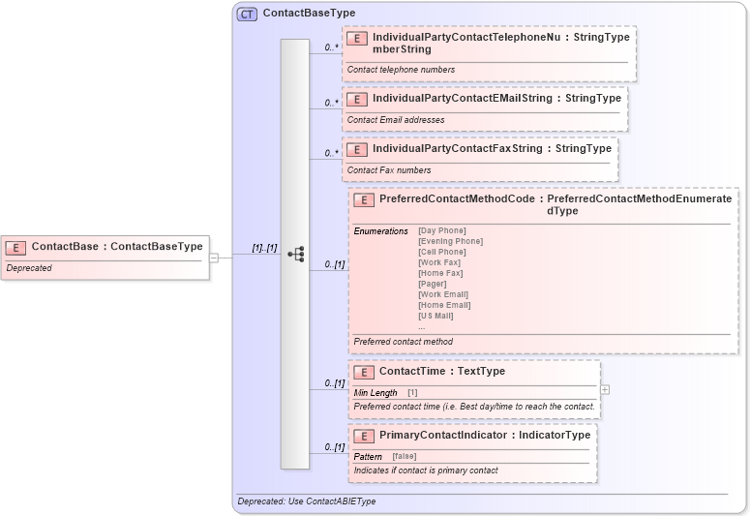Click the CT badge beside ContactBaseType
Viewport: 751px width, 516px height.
click(x=247, y=14)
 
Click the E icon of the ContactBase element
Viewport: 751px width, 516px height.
click(x=17, y=247)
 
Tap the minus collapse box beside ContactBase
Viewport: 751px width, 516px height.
click(x=214, y=258)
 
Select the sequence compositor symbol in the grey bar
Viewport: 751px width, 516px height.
click(x=296, y=255)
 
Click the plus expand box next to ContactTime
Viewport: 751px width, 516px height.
click(x=605, y=389)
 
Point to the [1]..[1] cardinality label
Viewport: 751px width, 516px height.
click(x=264, y=248)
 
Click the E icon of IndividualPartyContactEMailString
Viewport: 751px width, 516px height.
click(x=357, y=99)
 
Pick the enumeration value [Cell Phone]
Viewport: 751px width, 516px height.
click(x=441, y=252)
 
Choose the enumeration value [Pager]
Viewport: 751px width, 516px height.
click(x=432, y=284)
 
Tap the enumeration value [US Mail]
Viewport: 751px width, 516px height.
click(x=436, y=316)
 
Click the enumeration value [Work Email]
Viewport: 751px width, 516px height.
click(x=443, y=294)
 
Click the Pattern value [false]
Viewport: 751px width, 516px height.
click(x=405, y=456)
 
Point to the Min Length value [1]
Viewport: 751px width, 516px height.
click(x=412, y=393)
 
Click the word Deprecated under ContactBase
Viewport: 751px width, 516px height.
click(x=29, y=268)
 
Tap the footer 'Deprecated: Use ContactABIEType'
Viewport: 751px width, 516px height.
click(x=306, y=501)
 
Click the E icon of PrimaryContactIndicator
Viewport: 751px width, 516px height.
click(x=364, y=436)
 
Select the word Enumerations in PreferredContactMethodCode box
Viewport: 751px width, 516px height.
click(x=380, y=231)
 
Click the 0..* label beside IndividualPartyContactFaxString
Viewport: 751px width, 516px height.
click(x=331, y=153)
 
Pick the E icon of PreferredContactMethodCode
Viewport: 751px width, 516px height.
click(x=364, y=199)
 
